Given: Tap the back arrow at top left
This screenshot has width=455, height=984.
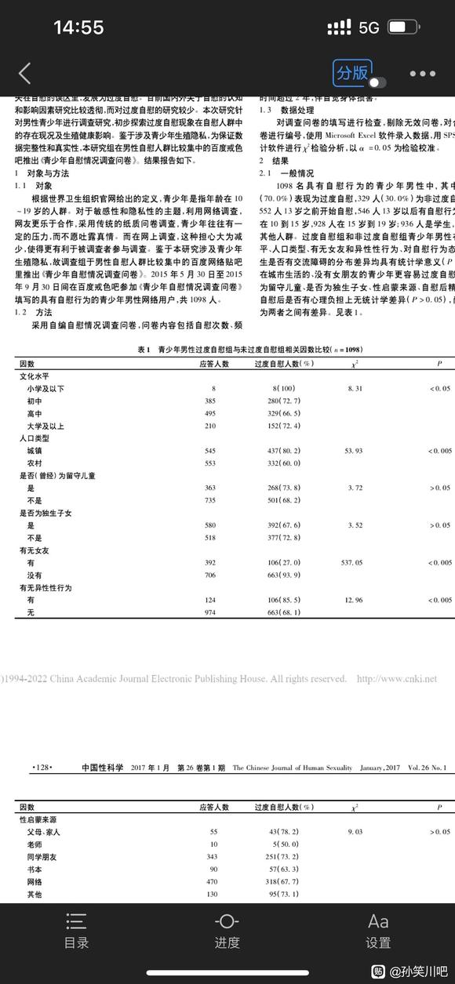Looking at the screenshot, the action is [x=24, y=74].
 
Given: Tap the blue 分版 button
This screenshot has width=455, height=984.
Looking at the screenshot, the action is [x=352, y=73].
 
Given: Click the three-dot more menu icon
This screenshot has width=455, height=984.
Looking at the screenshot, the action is [x=422, y=74].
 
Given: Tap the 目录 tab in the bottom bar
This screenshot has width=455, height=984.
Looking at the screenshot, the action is [x=76, y=931].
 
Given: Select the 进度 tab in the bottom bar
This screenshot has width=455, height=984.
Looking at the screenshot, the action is [x=227, y=931].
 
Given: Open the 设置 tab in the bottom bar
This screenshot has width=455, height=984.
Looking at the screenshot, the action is [x=378, y=931].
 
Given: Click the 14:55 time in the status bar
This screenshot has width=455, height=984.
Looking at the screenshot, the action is [x=78, y=27].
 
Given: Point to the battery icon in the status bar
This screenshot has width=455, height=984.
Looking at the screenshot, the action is [x=402, y=27].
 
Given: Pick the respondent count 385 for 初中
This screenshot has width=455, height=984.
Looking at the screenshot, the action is [x=209, y=400].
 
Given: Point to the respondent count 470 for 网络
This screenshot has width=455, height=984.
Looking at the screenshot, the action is [x=209, y=881].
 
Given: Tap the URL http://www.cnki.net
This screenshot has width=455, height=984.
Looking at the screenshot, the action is [x=396, y=679].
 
